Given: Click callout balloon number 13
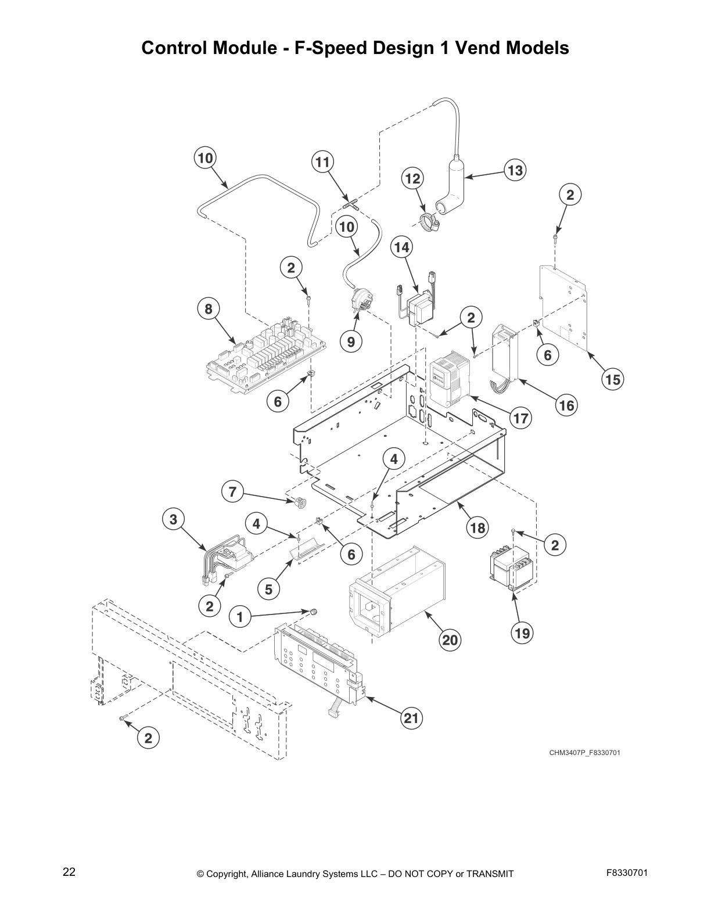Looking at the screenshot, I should pyautogui.click(x=515, y=170).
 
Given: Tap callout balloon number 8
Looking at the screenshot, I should pyautogui.click(x=209, y=309).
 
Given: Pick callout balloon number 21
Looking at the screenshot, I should pyautogui.click(x=411, y=718).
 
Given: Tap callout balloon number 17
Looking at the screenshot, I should pyautogui.click(x=521, y=418).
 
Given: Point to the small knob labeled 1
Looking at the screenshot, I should pyautogui.click(x=313, y=611).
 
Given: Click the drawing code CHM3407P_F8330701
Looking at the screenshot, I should pyautogui.click(x=585, y=753).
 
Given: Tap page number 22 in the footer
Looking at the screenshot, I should pyautogui.click(x=69, y=872).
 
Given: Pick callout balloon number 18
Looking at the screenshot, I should pyautogui.click(x=477, y=527).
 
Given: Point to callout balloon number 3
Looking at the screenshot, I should pyautogui.click(x=173, y=518).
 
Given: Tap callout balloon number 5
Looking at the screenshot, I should pyautogui.click(x=268, y=590).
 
